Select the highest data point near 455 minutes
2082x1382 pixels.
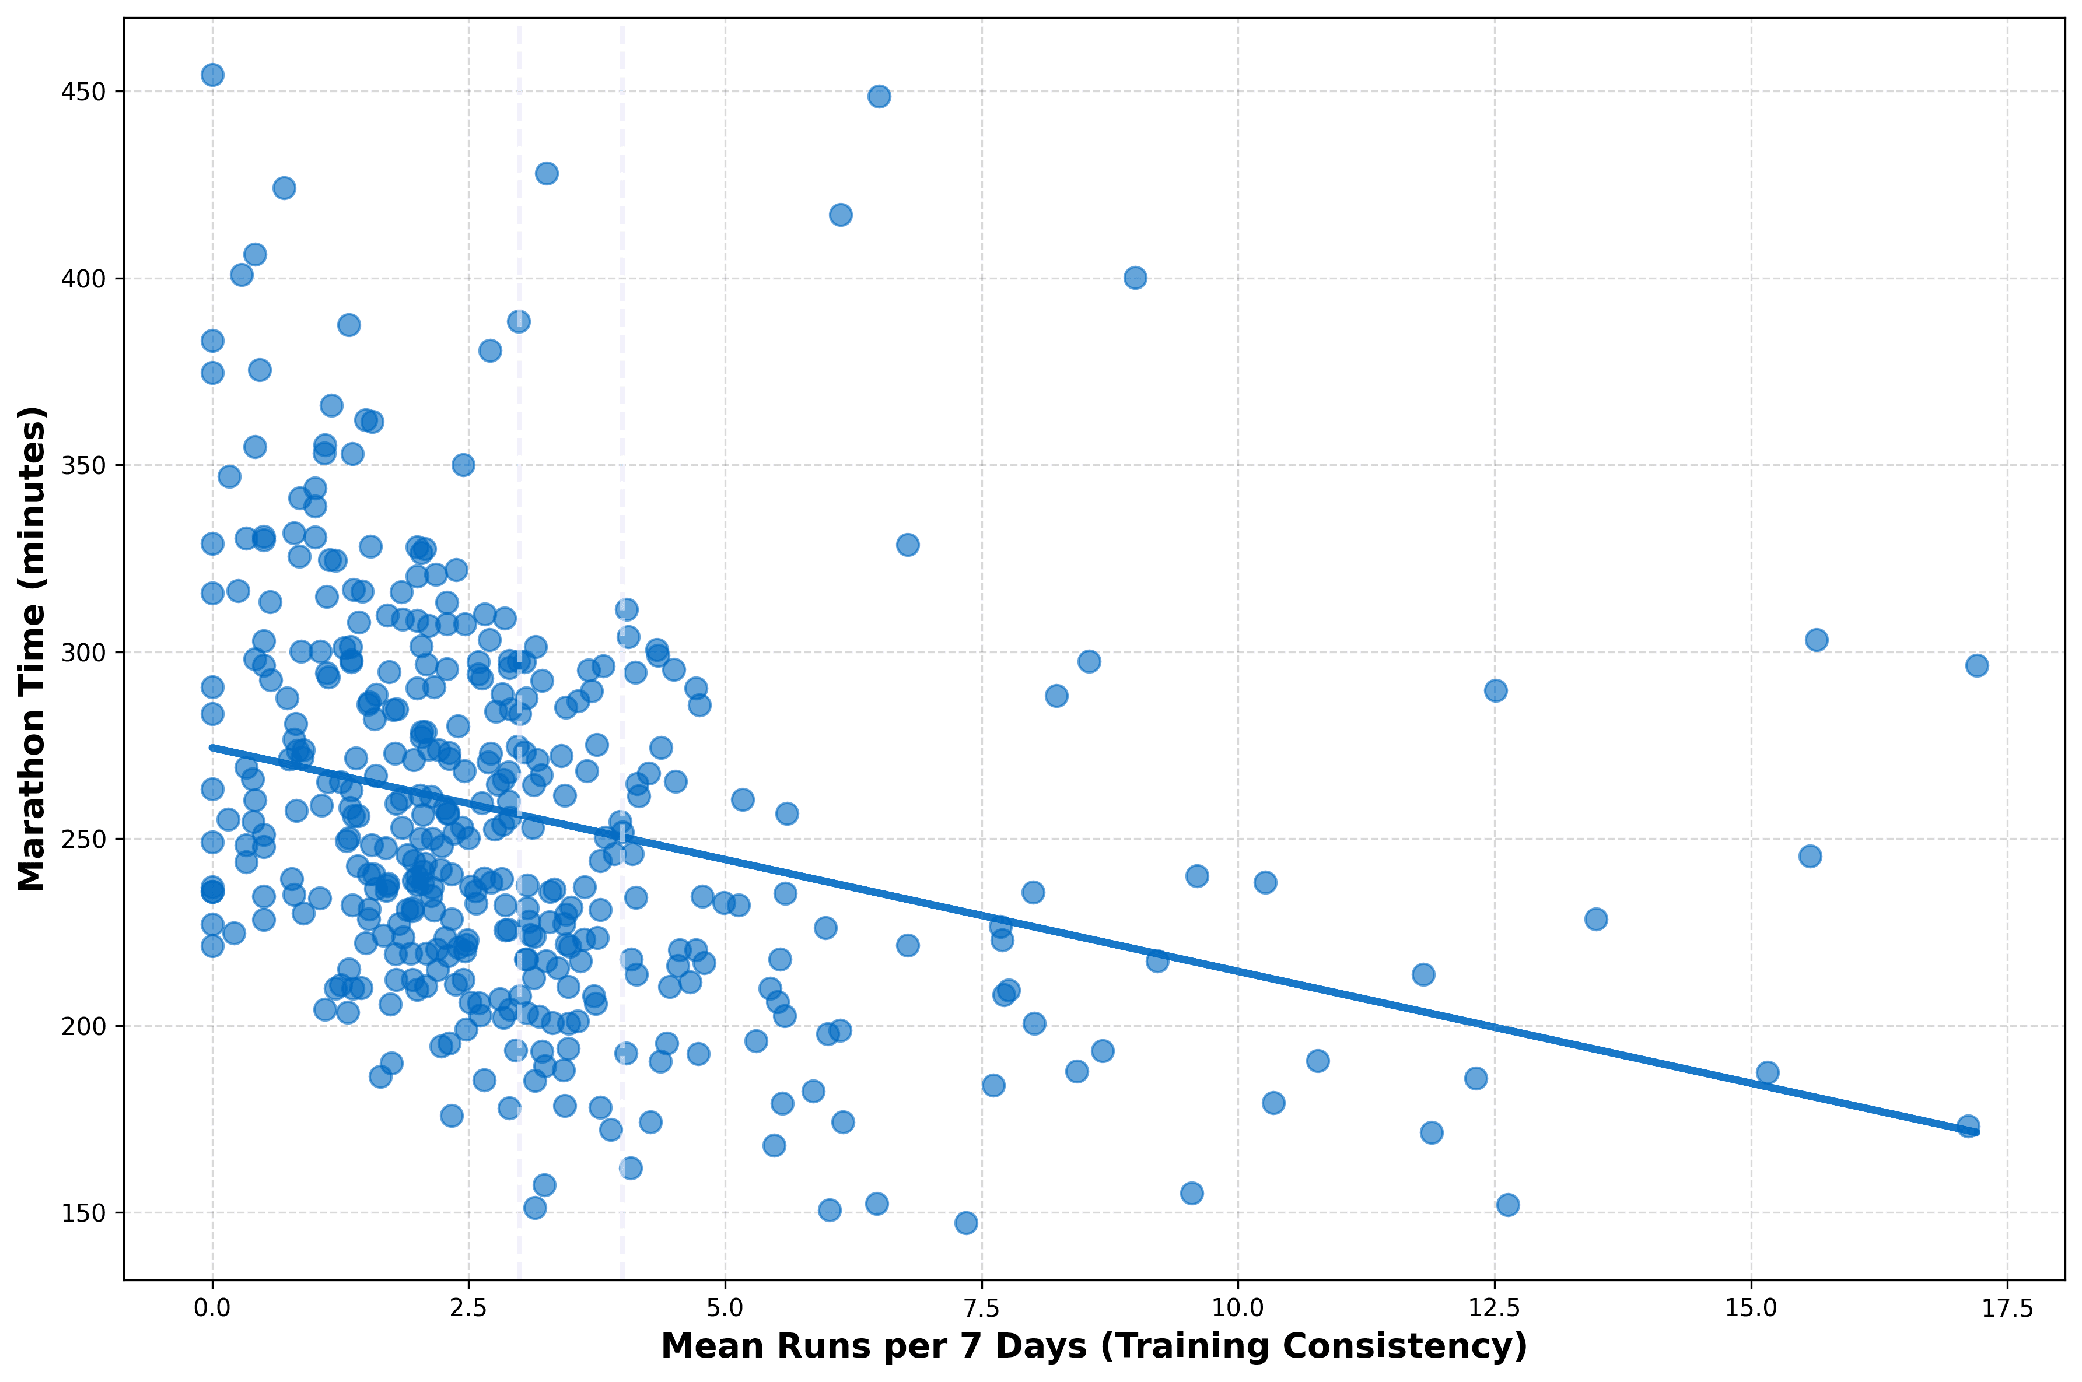coord(212,75)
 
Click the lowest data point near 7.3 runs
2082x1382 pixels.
coord(966,1222)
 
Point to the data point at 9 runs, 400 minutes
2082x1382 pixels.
coord(1135,278)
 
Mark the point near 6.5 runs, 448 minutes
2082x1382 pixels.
coord(879,96)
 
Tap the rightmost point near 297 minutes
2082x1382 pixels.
coord(1977,665)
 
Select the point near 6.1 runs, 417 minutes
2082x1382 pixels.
coord(841,215)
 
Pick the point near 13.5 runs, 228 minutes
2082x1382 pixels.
coord(1596,919)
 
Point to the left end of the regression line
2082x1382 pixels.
coord(212,748)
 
